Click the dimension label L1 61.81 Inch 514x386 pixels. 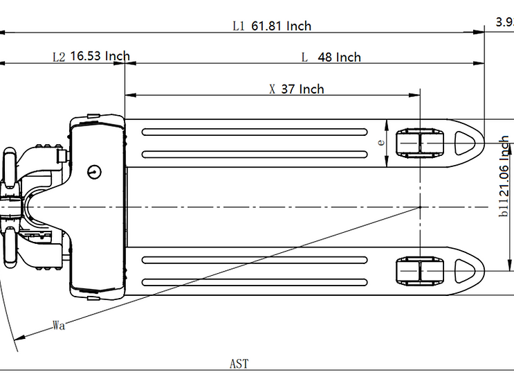tap(272, 26)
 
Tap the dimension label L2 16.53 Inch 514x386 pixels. tap(91, 56)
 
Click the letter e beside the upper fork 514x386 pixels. tap(380, 141)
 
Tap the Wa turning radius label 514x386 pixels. tap(59, 326)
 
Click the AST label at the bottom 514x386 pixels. tap(239, 363)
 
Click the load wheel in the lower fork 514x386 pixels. tap(419, 270)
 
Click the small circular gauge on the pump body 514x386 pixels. tap(95, 170)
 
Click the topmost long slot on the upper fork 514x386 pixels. tap(255, 132)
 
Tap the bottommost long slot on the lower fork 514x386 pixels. tap(255, 282)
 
